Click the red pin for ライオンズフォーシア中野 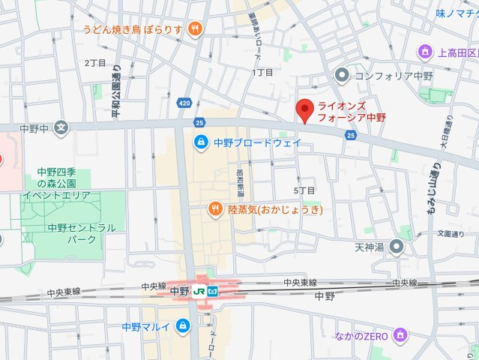click(x=304, y=110)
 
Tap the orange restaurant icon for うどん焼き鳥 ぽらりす click(x=195, y=29)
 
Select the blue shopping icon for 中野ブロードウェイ click(x=201, y=142)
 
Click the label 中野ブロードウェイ click(x=257, y=142)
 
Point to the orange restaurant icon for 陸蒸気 click(x=214, y=209)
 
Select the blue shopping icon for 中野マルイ click(x=182, y=326)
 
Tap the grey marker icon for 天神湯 click(x=397, y=247)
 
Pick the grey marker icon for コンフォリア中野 click(x=343, y=75)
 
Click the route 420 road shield click(x=185, y=101)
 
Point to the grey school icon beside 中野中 click(x=61, y=127)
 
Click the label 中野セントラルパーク click(x=71, y=233)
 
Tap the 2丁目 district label click(x=94, y=63)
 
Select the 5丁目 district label click(x=304, y=191)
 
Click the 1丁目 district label click(x=262, y=73)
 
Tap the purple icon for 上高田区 click(x=425, y=52)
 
